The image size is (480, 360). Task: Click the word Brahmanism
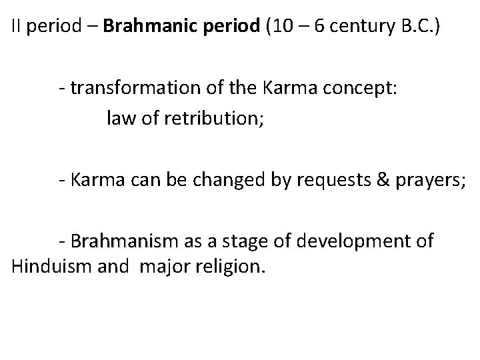point(125,240)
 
